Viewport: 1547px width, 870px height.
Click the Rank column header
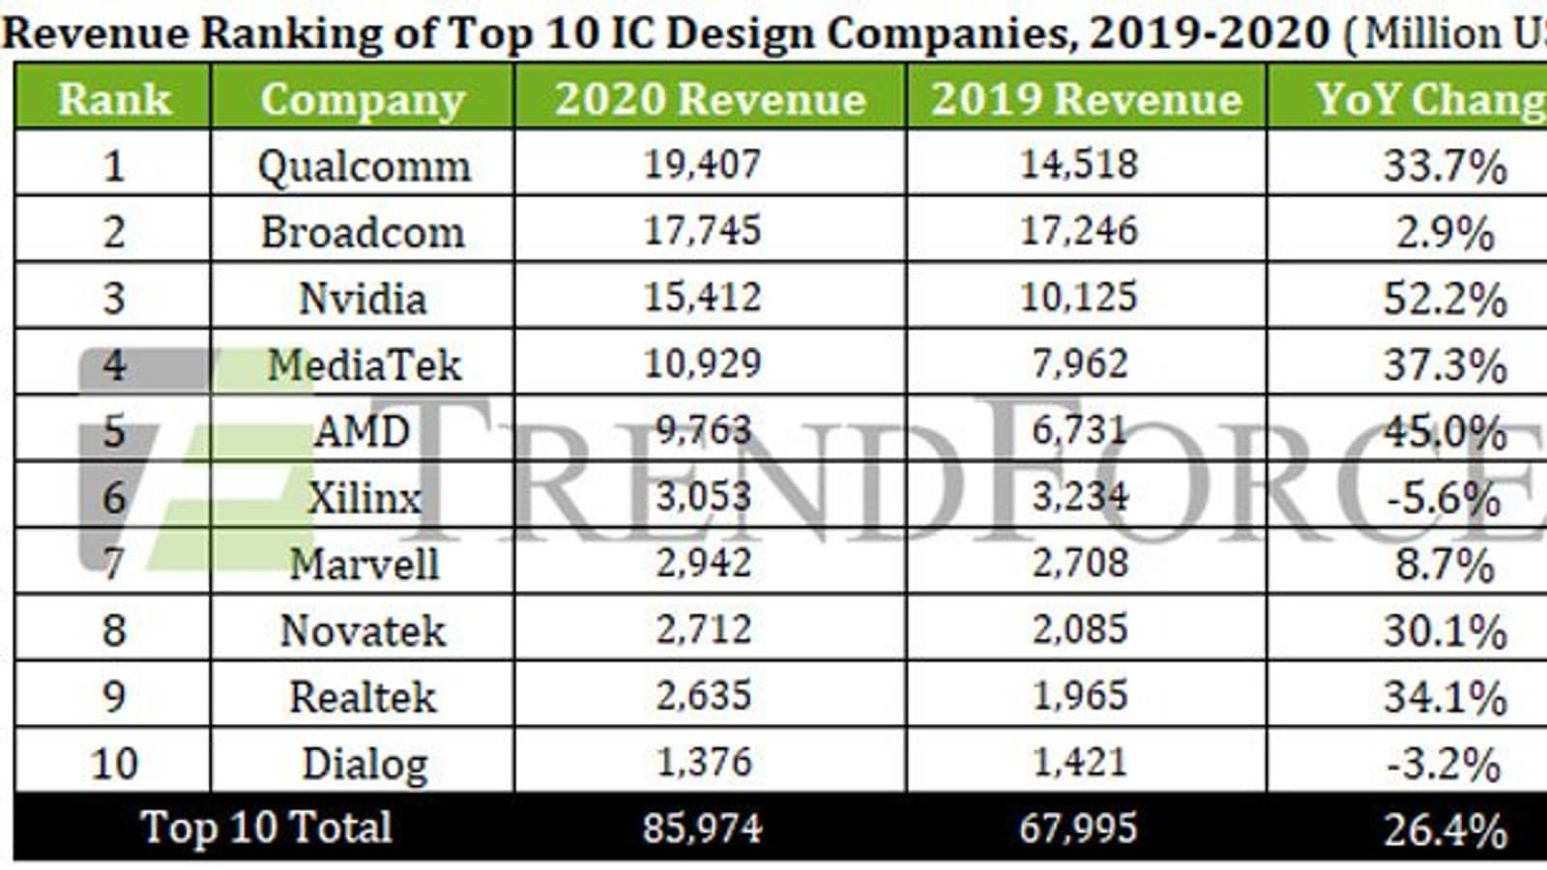pos(114,99)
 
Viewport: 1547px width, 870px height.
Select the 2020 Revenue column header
pos(710,99)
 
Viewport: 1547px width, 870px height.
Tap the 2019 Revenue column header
pos(1086,99)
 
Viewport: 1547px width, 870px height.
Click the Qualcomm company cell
pos(364,166)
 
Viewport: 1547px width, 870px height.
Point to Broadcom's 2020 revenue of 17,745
pos(703,231)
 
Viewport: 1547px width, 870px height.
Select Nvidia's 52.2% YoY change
pos(1445,299)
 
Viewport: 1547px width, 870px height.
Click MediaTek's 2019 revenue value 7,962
pos(1080,364)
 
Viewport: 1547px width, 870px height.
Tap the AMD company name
pos(363,430)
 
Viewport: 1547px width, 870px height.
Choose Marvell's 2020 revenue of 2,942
pos(704,564)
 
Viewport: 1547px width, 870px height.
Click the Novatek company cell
pos(363,631)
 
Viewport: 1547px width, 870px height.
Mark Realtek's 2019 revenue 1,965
pos(1080,696)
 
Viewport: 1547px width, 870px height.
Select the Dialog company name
pos(365,764)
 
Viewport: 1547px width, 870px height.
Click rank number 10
pos(114,764)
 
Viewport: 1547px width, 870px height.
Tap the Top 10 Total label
pos(266,827)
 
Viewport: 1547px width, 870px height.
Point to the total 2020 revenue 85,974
pos(703,828)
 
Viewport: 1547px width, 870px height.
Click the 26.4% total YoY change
pos(1445,830)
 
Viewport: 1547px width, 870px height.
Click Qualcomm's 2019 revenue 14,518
pos(1080,164)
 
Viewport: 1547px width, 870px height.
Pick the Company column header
pos(363,100)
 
